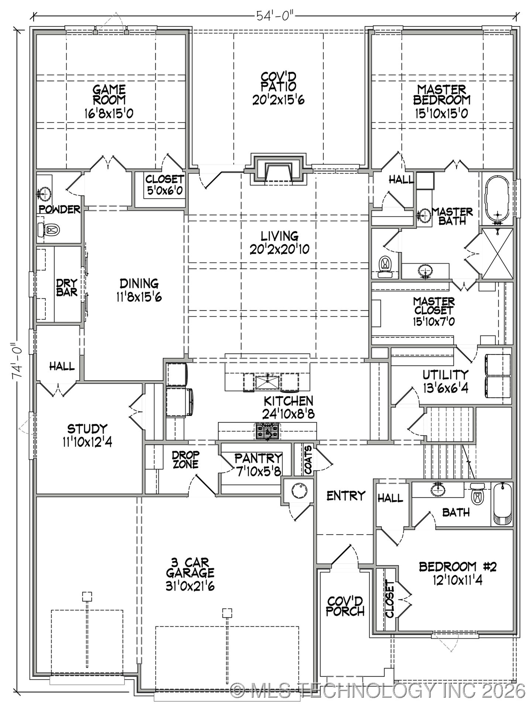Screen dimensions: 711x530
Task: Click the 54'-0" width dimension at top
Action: click(x=275, y=16)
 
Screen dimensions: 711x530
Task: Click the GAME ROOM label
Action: click(x=109, y=95)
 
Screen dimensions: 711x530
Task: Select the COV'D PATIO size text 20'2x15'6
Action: click(x=278, y=100)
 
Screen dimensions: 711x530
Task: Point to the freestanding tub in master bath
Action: click(x=497, y=200)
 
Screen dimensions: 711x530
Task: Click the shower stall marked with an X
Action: click(x=497, y=253)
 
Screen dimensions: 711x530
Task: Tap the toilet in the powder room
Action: click(x=49, y=230)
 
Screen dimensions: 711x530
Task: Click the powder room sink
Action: click(x=45, y=193)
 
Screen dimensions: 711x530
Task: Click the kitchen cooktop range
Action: click(x=267, y=432)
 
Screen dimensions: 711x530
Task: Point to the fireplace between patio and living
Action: click(x=278, y=170)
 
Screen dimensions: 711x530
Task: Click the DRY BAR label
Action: click(x=67, y=288)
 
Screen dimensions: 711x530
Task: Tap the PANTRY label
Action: click(x=258, y=459)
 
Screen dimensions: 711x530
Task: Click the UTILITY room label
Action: click(x=445, y=375)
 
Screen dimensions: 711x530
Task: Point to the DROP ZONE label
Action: click(x=186, y=459)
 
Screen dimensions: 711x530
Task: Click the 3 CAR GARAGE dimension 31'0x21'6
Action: click(x=190, y=586)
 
